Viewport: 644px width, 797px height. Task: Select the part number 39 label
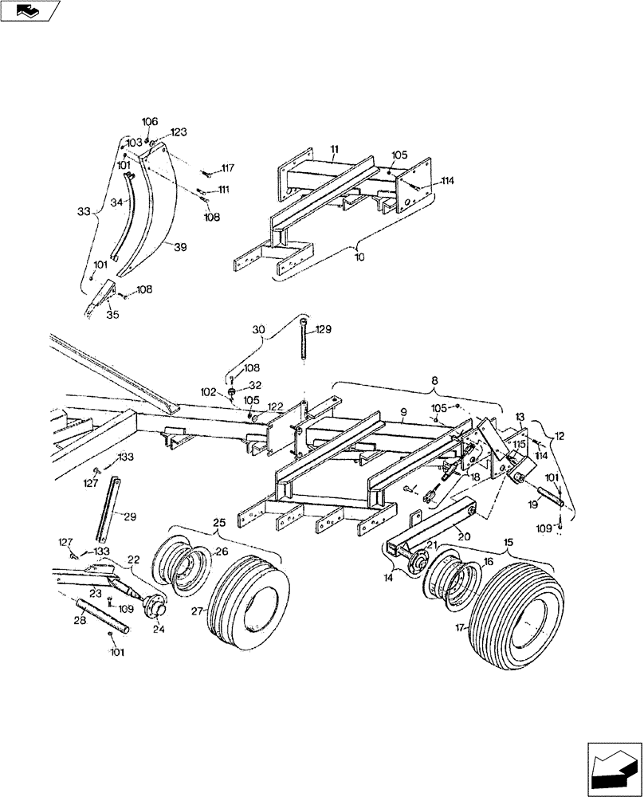(180, 247)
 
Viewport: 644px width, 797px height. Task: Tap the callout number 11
(334, 149)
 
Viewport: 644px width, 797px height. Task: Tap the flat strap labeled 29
(108, 510)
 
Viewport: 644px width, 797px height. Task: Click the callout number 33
(83, 213)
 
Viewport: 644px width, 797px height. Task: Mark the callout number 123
(179, 132)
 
